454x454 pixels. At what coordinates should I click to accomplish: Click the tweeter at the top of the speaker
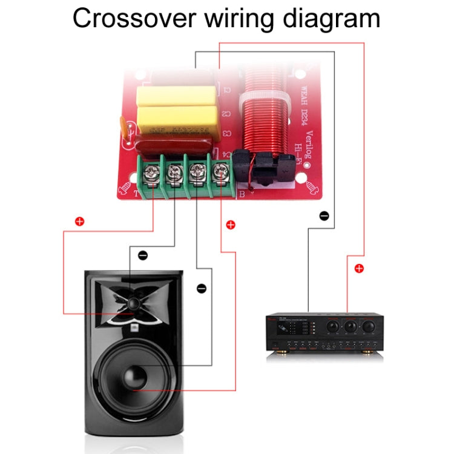(134, 301)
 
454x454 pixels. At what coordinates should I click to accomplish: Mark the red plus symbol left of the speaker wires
(79, 222)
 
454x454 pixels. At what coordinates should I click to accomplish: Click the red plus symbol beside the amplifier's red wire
(359, 268)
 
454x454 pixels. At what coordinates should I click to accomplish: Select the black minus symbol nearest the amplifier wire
(324, 215)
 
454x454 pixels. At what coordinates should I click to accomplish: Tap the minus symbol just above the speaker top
(143, 255)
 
